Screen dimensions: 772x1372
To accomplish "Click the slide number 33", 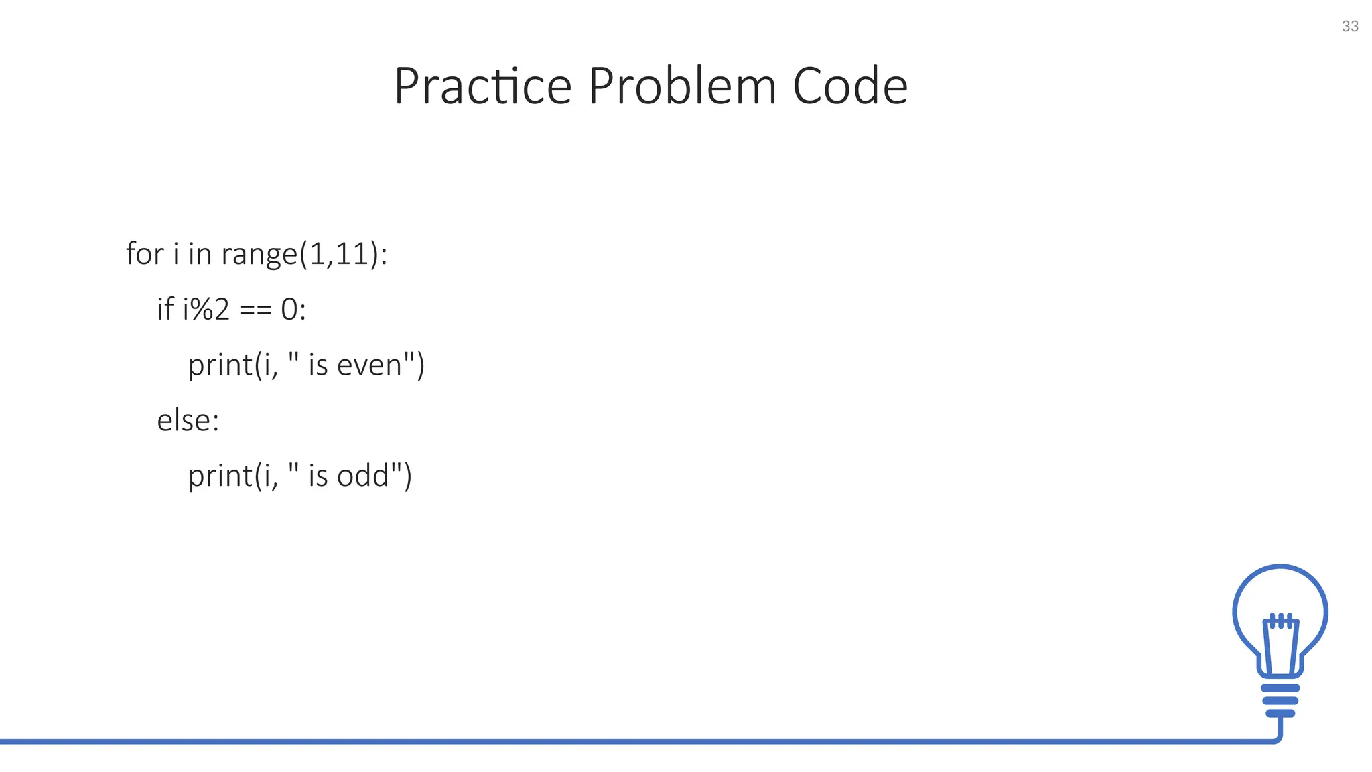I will point(1350,26).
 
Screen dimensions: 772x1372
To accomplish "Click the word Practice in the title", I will point(482,86).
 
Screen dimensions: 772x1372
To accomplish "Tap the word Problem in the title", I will point(681,86).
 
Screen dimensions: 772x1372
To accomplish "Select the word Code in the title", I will point(849,86).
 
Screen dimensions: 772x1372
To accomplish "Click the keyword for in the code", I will point(145,254).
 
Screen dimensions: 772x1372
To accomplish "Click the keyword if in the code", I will point(165,309).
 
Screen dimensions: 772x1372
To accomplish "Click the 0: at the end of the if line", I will point(293,310).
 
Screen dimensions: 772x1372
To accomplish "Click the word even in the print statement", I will point(369,365).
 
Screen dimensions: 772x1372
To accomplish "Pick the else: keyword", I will point(188,421).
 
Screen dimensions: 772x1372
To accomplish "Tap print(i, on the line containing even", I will point(232,366).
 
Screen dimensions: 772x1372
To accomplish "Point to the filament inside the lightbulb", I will point(1280,643).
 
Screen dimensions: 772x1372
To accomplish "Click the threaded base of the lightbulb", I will point(1280,700).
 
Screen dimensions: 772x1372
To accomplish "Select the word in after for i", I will point(200,254).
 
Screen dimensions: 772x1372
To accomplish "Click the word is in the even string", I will point(318,365).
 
